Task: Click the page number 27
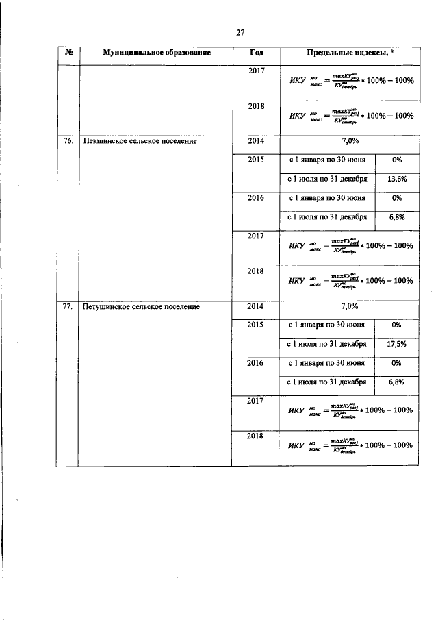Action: [x=240, y=32]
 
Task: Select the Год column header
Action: [x=255, y=53]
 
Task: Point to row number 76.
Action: [x=68, y=142]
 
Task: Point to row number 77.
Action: [x=68, y=307]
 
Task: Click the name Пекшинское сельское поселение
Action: [x=140, y=142]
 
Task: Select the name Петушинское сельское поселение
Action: [x=141, y=307]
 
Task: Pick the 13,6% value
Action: [x=396, y=179]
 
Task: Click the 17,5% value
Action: [x=396, y=345]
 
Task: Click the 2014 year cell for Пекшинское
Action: [x=255, y=142]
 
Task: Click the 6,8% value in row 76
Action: [x=396, y=218]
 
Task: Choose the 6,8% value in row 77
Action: [x=396, y=382]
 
